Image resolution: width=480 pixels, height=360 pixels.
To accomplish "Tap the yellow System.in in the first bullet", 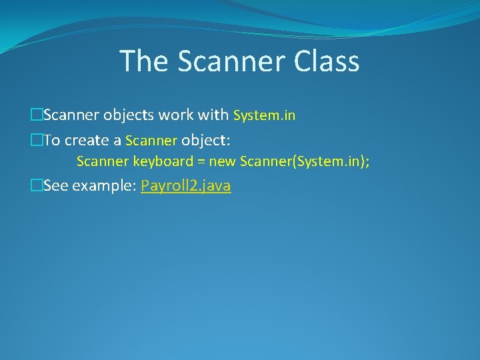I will pos(264,115).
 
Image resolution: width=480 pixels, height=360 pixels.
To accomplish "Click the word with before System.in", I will pos(215,115).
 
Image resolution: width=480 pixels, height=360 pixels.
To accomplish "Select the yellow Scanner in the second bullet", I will pos(151,140).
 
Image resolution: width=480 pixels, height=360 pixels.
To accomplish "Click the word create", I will pos(89,140).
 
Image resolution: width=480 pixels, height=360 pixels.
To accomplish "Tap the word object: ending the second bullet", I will pos(206,140).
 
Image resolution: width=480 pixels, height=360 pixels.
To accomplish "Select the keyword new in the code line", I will pos(223,161).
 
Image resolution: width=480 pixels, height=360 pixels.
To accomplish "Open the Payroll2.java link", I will pos(186,186).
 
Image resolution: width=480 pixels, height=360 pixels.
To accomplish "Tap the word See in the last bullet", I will pos(55,186).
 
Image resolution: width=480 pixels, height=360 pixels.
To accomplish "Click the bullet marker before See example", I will pos(36,186).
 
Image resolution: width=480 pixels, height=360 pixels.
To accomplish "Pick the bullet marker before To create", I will pos(36,140).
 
